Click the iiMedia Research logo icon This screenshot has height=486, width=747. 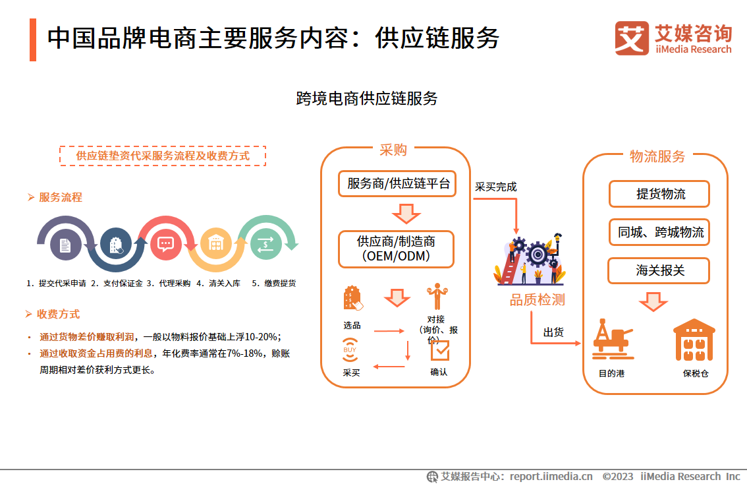pos(632,38)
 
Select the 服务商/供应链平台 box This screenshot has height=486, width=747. pos(397,183)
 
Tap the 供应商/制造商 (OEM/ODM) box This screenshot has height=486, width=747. pos(396,249)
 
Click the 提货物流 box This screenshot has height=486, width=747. pos(659,194)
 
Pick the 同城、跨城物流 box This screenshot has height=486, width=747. pos(659,232)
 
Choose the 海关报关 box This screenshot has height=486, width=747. pos(659,270)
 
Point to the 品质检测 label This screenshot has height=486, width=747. pos(538,300)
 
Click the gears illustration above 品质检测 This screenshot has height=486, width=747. pos(530,259)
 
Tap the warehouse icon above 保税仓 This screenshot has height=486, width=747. pos(694,340)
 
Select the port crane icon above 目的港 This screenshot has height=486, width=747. pos(613,339)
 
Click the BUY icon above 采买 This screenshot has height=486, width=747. pos(350,350)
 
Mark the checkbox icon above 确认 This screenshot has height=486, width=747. pos(440,350)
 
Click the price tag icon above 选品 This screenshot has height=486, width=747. pos(352,298)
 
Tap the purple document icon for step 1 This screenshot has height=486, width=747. pos(65,245)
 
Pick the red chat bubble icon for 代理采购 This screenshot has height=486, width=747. pos(165,244)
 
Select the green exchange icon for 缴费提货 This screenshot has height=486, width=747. pos(266,244)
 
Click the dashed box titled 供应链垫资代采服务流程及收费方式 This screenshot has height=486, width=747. pos(163,156)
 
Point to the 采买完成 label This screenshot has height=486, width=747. pos(495,187)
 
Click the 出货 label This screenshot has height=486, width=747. pos(553,332)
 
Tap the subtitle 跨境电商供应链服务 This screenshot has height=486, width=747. pos(366,99)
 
